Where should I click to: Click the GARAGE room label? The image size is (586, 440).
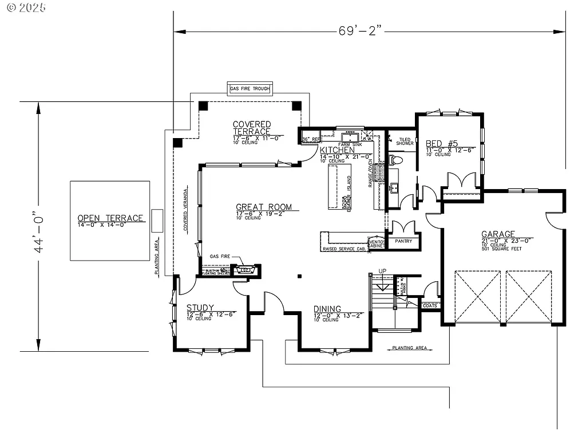click(x=497, y=234)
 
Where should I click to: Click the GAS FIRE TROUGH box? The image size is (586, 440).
click(x=250, y=89)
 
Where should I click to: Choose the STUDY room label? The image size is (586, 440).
click(x=200, y=308)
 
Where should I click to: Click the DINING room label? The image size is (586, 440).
click(x=327, y=309)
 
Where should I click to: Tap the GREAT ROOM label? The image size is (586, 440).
click(x=264, y=207)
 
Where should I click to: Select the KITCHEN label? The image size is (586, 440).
click(x=337, y=150)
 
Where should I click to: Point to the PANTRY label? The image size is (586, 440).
click(x=403, y=241)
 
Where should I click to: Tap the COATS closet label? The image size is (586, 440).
click(x=430, y=305)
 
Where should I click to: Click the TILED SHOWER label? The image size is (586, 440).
click(x=405, y=141)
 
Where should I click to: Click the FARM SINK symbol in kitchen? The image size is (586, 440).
click(x=350, y=137)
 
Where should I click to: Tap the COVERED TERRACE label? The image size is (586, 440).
click(x=252, y=128)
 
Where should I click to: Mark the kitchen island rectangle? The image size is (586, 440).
click(x=338, y=188)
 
